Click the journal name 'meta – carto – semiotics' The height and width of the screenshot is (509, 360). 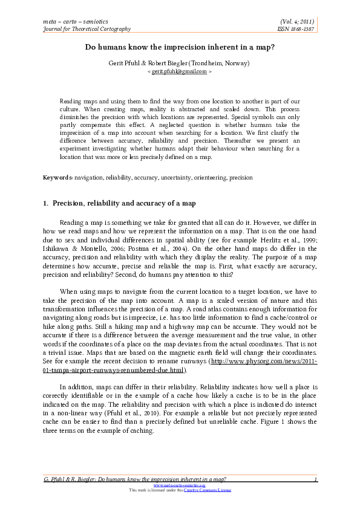click(x=72, y=21)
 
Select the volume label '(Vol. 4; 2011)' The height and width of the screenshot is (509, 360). click(x=296, y=21)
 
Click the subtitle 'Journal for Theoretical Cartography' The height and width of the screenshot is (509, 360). click(x=87, y=28)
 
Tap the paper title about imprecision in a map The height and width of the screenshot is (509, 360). click(x=180, y=47)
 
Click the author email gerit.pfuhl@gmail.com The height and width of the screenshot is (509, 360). click(x=180, y=71)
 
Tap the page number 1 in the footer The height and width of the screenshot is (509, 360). click(x=316, y=479)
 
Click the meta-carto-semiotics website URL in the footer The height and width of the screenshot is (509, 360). click(x=180, y=485)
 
